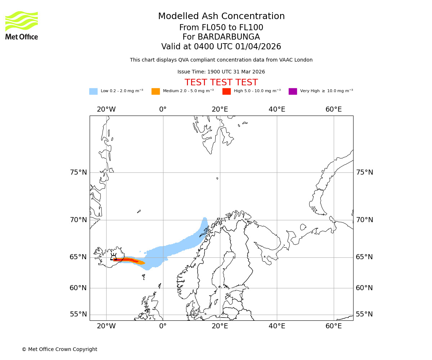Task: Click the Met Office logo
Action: (x=22, y=25)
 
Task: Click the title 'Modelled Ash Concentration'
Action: (x=221, y=16)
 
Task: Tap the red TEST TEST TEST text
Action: (x=221, y=82)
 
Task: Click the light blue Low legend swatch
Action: (x=93, y=91)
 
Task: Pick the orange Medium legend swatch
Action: (x=156, y=91)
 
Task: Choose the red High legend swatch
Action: (x=226, y=91)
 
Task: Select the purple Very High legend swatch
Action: (x=293, y=91)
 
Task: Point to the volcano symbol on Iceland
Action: (x=114, y=257)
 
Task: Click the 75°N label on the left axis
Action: (x=78, y=172)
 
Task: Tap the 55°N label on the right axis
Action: (x=364, y=314)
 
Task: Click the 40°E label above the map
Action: (x=277, y=109)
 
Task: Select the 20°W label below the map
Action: (x=106, y=326)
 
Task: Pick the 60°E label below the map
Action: (x=334, y=326)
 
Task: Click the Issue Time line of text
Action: (x=221, y=72)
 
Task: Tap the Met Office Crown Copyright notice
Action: (x=59, y=349)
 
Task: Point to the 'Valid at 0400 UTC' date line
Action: (x=221, y=47)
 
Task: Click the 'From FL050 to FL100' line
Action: (x=221, y=28)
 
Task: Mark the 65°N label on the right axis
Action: (x=364, y=257)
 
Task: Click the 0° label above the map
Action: (x=163, y=109)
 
